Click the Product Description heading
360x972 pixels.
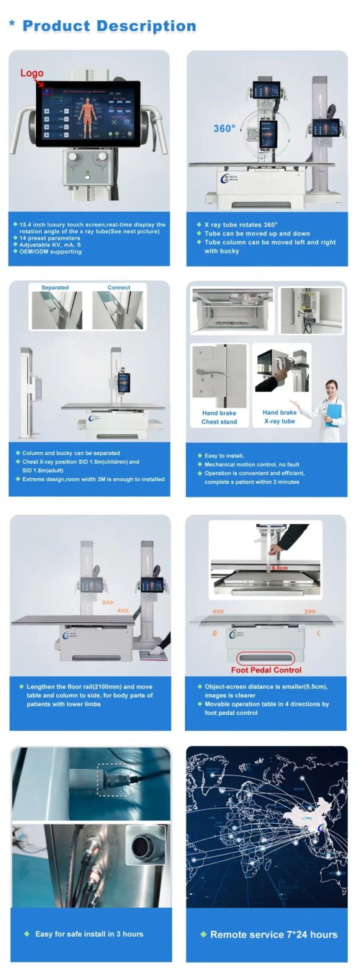click(x=109, y=26)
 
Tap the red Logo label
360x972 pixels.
click(x=32, y=73)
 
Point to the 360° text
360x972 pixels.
click(x=224, y=129)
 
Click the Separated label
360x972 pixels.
click(x=55, y=287)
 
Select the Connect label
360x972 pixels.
click(x=119, y=287)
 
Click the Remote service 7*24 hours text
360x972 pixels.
click(x=268, y=935)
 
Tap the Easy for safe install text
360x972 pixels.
click(x=89, y=934)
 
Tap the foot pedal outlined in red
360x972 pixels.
click(x=266, y=657)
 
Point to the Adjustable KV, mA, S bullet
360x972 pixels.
click(x=52, y=244)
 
